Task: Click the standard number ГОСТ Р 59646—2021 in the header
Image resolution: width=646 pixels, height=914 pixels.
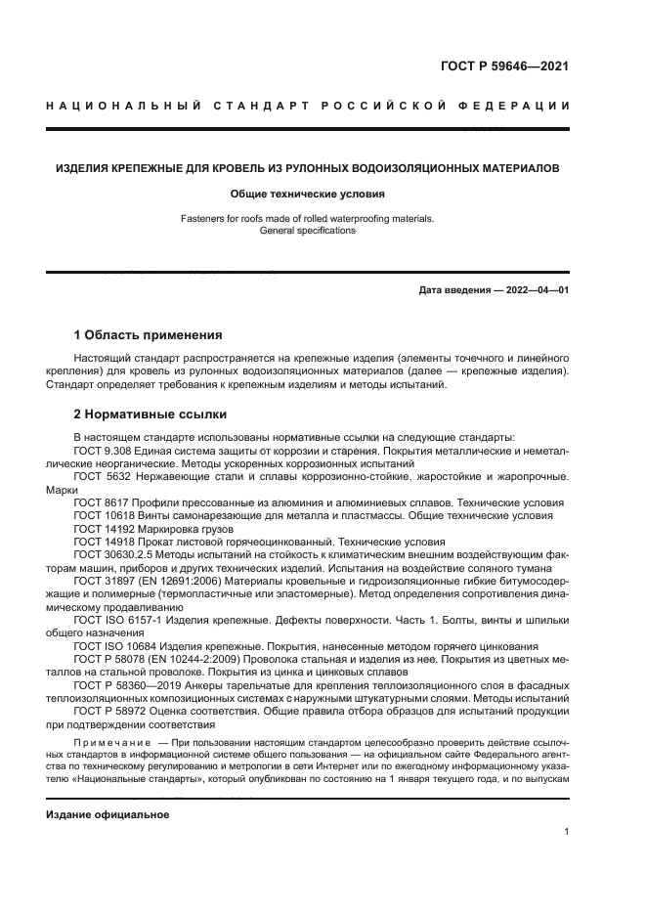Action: (498, 67)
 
